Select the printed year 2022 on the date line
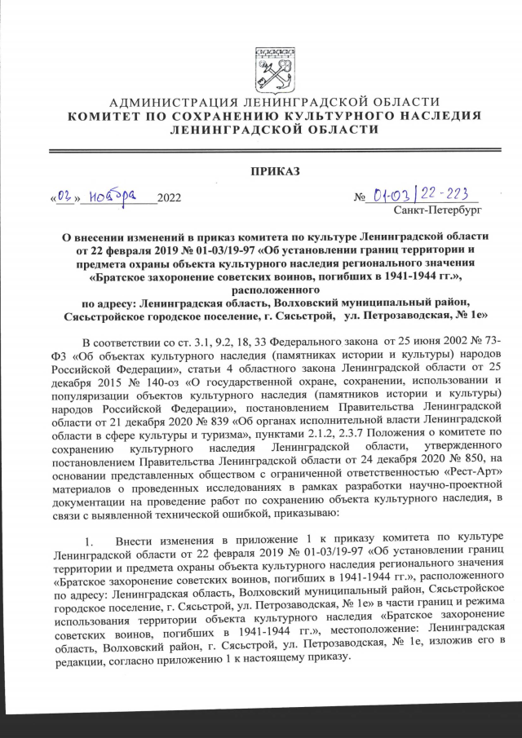(170, 198)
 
